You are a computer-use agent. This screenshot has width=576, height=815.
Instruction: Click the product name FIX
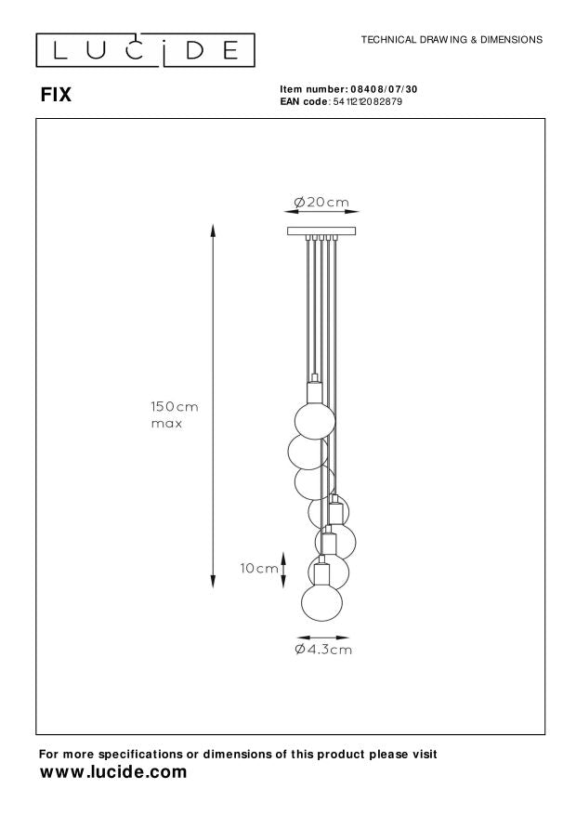[55, 95]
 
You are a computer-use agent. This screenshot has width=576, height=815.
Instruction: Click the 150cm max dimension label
[175, 414]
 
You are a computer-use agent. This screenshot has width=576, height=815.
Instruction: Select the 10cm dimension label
[259, 568]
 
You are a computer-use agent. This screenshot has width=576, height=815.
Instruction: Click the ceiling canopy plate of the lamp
[321, 230]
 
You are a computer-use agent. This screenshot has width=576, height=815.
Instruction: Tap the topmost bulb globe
[314, 415]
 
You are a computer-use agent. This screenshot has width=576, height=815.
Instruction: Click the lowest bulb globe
[321, 601]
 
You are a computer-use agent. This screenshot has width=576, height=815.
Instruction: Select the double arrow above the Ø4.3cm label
[321, 638]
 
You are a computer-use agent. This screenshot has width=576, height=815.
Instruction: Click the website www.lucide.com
[113, 772]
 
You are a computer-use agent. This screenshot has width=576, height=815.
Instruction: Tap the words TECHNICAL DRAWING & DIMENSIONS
[452, 41]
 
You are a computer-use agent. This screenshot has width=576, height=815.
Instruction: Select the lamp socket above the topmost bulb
[314, 388]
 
